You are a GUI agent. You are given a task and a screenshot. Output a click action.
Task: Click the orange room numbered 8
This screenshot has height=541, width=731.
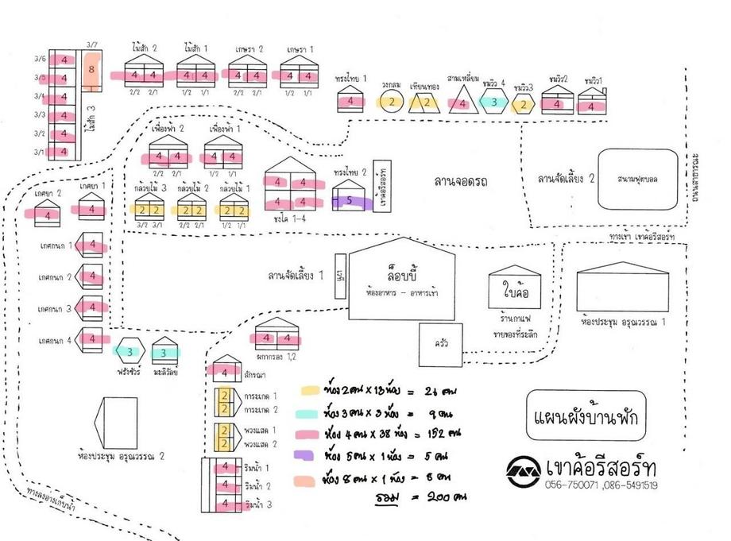[x=92, y=70]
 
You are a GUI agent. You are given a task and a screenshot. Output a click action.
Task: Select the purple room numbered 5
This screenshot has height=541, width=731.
[x=348, y=202]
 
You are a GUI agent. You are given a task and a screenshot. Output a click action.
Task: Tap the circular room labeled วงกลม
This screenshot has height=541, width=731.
[x=392, y=101]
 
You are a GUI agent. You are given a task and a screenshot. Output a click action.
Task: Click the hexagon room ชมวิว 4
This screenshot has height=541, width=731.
[x=493, y=102]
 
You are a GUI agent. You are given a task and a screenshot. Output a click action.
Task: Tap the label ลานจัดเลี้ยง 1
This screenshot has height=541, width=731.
[x=296, y=276]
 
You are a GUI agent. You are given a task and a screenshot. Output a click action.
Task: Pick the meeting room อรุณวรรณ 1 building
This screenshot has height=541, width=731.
[x=622, y=290]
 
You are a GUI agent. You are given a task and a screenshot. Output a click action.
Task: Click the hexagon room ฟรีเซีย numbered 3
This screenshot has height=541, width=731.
[x=128, y=350]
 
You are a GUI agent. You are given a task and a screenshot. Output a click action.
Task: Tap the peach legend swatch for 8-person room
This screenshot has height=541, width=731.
[x=307, y=480]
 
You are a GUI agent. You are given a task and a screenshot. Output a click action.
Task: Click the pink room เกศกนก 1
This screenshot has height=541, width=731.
[x=93, y=245]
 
